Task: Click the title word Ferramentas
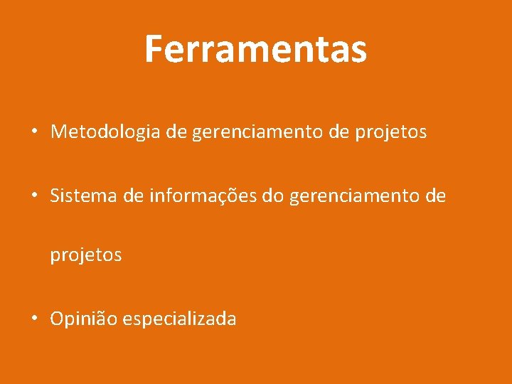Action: click(x=255, y=49)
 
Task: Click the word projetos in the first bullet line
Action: click(x=393, y=132)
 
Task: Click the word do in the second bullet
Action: click(x=272, y=196)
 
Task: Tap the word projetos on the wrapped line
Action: click(x=85, y=255)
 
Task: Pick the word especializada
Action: click(x=179, y=319)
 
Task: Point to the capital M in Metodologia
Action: click(x=58, y=132)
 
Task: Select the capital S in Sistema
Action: click(x=55, y=196)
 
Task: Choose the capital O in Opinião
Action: click(x=56, y=319)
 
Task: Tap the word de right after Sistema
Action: click(x=133, y=196)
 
